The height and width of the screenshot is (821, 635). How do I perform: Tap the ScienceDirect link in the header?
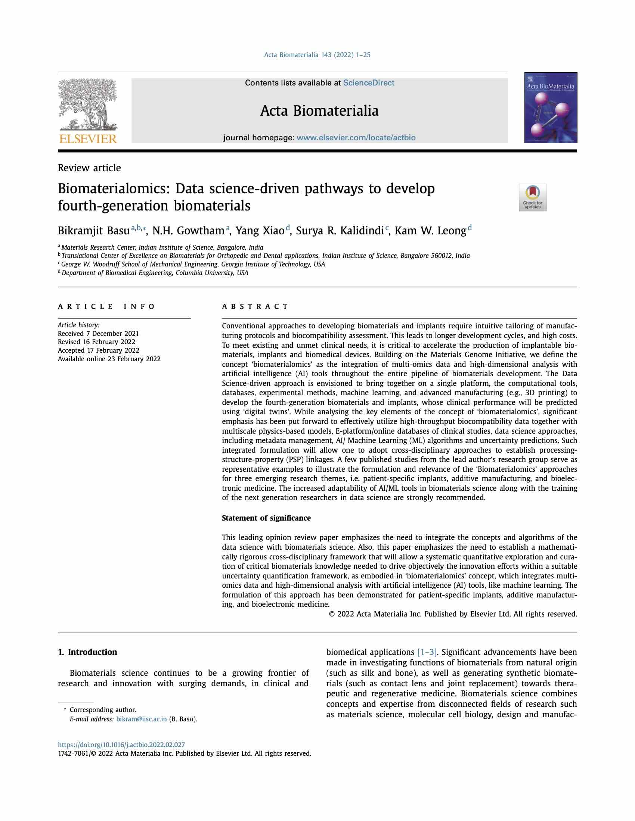pyautogui.click(x=368, y=83)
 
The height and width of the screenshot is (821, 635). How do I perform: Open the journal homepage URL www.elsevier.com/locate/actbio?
pyautogui.click(x=356, y=138)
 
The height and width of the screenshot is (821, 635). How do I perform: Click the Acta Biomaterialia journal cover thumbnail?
pyautogui.click(x=550, y=107)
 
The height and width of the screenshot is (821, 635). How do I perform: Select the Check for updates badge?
pyautogui.click(x=532, y=197)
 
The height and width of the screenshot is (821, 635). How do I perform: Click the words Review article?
pyautogui.click(x=89, y=168)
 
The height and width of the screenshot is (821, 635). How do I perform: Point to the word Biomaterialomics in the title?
pyautogui.click(x=114, y=188)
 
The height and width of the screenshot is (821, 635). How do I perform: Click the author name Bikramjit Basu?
pyautogui.click(x=94, y=230)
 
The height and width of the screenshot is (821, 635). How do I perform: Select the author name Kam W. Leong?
pyautogui.click(x=430, y=230)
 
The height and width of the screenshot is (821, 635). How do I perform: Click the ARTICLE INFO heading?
pyautogui.click(x=106, y=306)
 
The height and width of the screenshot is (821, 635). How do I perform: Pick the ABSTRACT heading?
pyautogui.click(x=255, y=306)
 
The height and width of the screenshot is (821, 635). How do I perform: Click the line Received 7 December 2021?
pyautogui.click(x=98, y=333)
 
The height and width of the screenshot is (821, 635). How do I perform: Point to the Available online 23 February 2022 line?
pyautogui.click(x=109, y=359)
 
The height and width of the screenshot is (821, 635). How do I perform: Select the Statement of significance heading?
pyautogui.click(x=266, y=518)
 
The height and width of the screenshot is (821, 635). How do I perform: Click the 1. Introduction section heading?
pyautogui.click(x=87, y=652)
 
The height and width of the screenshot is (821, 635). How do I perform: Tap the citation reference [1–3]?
pyautogui.click(x=427, y=652)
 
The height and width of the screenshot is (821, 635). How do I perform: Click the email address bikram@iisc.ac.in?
pyautogui.click(x=142, y=719)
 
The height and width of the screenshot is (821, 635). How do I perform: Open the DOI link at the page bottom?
pyautogui.click(x=121, y=745)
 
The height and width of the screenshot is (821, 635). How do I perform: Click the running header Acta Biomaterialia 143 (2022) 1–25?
pyautogui.click(x=317, y=55)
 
